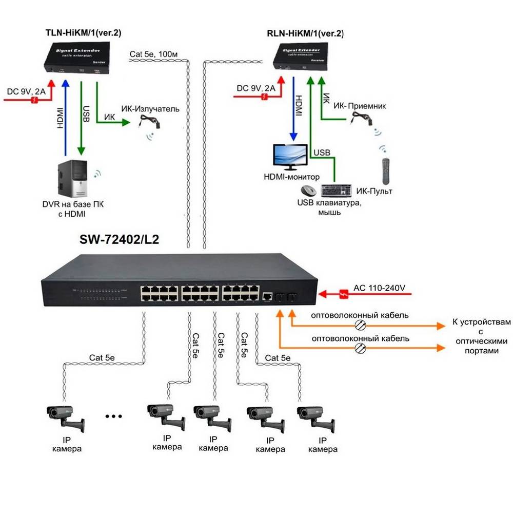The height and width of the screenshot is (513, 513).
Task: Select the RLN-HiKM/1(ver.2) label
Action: coord(305,34)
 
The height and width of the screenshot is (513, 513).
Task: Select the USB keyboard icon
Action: coord(337,191)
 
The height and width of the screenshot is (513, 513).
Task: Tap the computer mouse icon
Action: coord(308,191)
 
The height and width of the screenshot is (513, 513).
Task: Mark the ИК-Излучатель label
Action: coord(150,109)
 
